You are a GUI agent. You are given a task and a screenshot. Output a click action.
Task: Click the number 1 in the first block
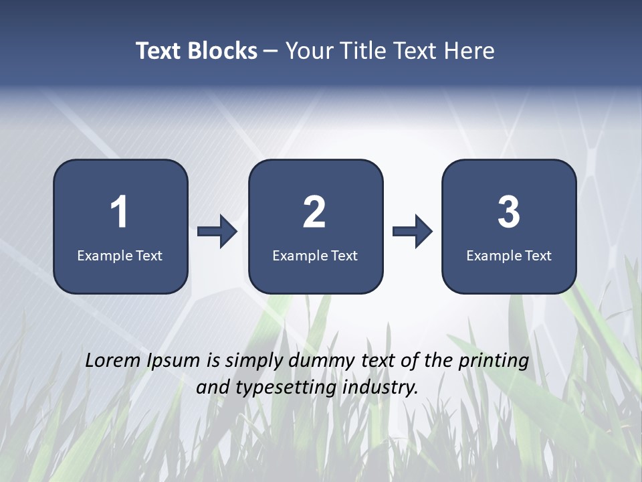[119, 212]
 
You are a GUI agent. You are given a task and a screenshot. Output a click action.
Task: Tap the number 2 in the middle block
[314, 212]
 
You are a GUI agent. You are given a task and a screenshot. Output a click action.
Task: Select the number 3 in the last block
[509, 212]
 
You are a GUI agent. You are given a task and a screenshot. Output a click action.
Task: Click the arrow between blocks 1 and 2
[217, 232]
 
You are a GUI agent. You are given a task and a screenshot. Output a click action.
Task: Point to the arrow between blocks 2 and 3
[413, 232]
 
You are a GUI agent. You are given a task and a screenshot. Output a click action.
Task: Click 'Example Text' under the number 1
[120, 255]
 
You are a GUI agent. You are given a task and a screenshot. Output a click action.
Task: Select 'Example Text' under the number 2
[315, 255]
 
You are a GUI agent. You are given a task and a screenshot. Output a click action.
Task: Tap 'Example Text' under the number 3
[509, 255]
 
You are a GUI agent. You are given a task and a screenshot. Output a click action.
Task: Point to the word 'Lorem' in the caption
[110, 361]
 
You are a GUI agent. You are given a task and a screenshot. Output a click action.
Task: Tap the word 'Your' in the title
[308, 51]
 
